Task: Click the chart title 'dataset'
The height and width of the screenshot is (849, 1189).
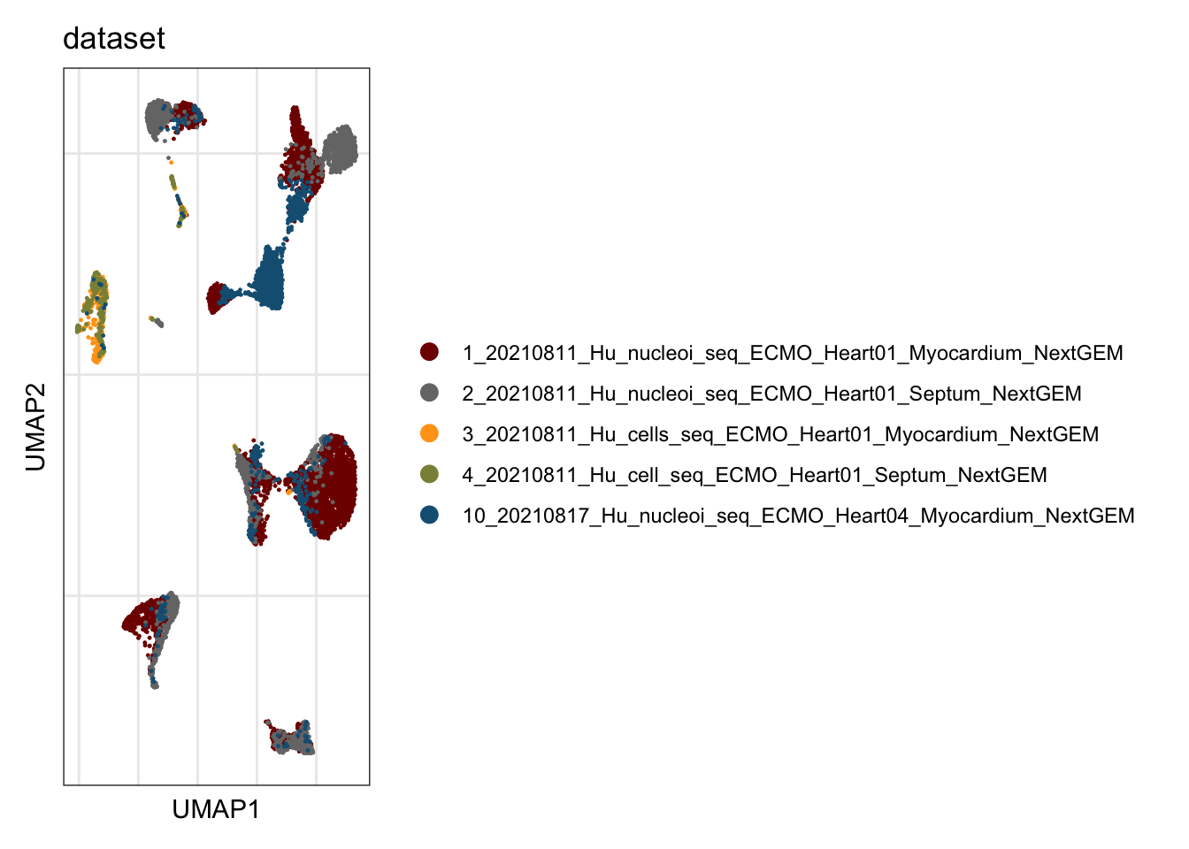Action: pos(113,39)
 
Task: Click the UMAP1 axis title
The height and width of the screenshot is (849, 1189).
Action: pos(216,810)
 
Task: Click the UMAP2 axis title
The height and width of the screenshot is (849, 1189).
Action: pos(35,427)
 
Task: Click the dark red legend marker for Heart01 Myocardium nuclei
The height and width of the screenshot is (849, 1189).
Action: pos(429,352)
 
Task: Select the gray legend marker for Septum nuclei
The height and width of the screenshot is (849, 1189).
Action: pos(429,394)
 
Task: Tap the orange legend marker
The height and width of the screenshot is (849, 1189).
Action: pos(429,433)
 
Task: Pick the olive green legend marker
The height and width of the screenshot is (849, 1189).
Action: pos(429,474)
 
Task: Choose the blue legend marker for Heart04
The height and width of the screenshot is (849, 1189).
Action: pos(429,516)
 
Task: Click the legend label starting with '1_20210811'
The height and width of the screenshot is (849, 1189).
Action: pos(793,354)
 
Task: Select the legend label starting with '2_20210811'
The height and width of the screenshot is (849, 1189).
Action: pos(771,394)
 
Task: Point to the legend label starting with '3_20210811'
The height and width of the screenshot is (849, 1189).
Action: pos(780,434)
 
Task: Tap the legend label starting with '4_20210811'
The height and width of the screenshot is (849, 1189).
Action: pos(755,476)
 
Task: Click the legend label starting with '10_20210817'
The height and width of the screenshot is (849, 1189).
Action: pos(798,516)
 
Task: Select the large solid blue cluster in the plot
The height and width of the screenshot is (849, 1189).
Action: pos(269,279)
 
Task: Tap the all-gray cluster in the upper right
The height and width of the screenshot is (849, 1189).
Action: pos(341,149)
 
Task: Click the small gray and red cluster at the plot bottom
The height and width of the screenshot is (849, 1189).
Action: pos(290,738)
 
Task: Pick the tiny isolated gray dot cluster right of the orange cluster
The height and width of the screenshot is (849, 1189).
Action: pos(157,322)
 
